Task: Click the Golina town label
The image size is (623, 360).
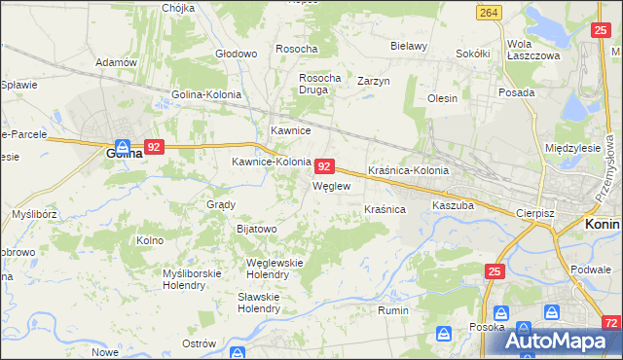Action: coord(125,153)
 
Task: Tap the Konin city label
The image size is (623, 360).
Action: coord(603,223)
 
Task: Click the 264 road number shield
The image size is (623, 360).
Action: coord(489,12)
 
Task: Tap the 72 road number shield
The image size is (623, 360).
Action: coord(610,321)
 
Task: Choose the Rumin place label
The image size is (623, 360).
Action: coord(392,311)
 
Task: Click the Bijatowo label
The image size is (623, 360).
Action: coord(257,229)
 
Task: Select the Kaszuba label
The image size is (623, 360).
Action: coord(453,206)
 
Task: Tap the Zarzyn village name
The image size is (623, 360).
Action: coord(373,81)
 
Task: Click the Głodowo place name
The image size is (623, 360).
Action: coord(235,53)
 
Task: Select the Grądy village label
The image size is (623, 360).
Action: coord(221,204)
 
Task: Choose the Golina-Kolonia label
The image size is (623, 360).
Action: coord(206,94)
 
